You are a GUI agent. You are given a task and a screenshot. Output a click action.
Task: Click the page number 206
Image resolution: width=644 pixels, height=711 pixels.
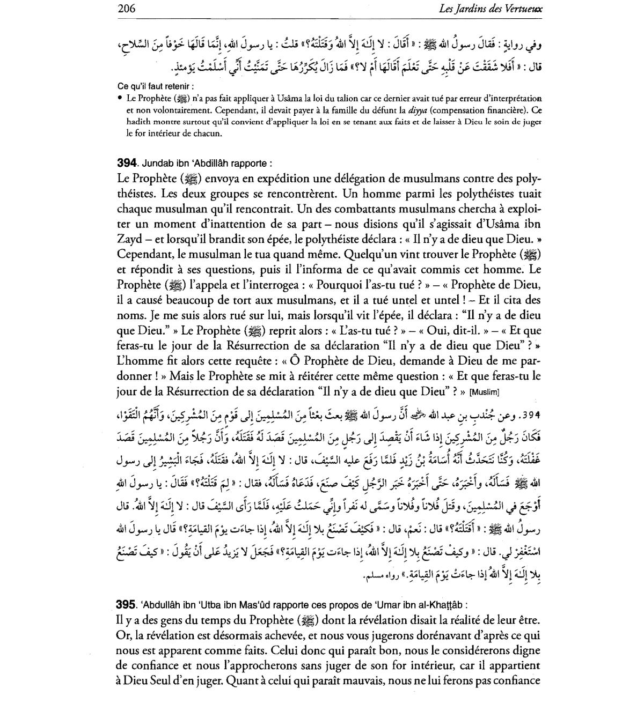[x=125, y=9]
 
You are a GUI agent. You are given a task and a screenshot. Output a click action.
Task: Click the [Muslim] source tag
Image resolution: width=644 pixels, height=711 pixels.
[x=485, y=392]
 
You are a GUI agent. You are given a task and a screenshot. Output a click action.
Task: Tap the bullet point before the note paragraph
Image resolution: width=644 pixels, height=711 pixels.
[x=119, y=99]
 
